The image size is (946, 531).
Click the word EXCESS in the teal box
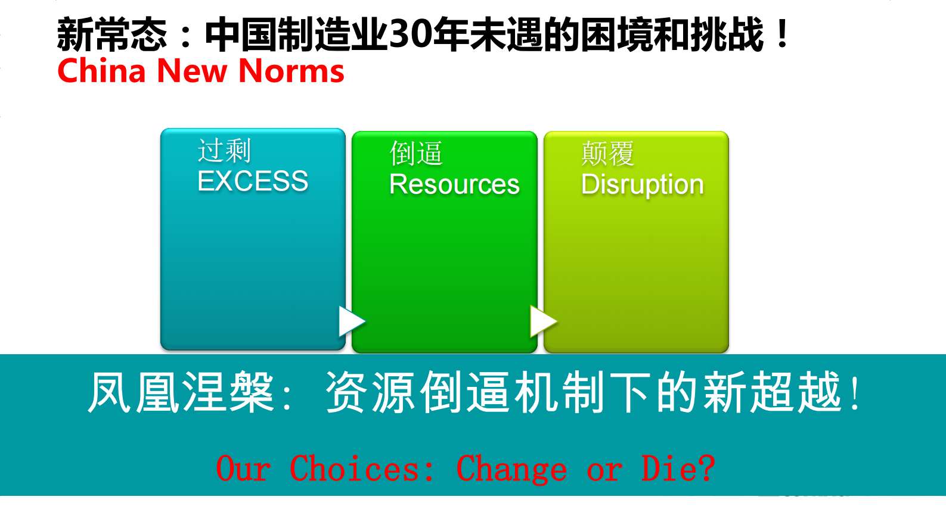[253, 181]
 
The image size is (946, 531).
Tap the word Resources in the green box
[454, 184]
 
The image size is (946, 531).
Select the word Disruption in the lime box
[642, 185]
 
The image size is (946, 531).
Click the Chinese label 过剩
[224, 151]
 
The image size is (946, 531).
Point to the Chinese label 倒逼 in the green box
[416, 154]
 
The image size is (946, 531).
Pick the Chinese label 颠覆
[607, 154]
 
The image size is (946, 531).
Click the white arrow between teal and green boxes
[351, 321]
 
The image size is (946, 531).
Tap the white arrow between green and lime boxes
[542, 321]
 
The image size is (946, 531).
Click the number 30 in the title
[411, 35]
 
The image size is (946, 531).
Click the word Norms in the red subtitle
[291, 71]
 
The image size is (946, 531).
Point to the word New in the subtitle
[192, 71]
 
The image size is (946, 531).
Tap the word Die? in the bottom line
[678, 468]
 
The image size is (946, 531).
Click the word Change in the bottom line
[511, 468]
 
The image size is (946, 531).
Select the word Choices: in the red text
[362, 468]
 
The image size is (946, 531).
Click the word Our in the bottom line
[243, 468]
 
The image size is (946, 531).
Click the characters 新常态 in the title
[112, 35]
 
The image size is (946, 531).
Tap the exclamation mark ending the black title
[782, 35]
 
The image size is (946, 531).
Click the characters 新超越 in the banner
[772, 392]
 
